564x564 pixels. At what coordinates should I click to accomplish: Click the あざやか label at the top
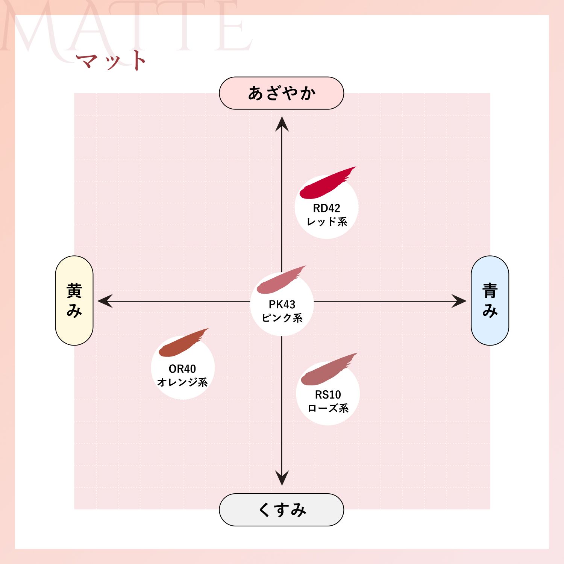[x=282, y=93]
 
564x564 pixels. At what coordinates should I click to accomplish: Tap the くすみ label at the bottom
[x=282, y=510]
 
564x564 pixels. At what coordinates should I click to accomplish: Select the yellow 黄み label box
[x=74, y=300]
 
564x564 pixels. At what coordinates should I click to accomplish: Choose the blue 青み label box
[x=490, y=300]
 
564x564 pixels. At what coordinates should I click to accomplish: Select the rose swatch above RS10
[x=329, y=370]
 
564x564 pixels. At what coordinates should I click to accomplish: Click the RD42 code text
[x=326, y=208]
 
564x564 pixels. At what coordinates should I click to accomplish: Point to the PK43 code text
[x=282, y=304]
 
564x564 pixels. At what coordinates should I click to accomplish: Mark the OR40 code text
[x=182, y=368]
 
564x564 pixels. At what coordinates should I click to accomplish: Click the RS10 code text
[x=328, y=394]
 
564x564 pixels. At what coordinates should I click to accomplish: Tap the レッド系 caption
[x=327, y=222]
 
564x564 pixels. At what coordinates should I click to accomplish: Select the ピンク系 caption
[x=282, y=318]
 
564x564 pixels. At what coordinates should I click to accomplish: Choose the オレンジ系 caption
[x=182, y=382]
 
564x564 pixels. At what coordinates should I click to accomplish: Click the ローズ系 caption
[x=328, y=408]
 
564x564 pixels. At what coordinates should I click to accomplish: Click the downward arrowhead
[x=282, y=478]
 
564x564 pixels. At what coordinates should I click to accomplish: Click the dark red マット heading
[x=111, y=61]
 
